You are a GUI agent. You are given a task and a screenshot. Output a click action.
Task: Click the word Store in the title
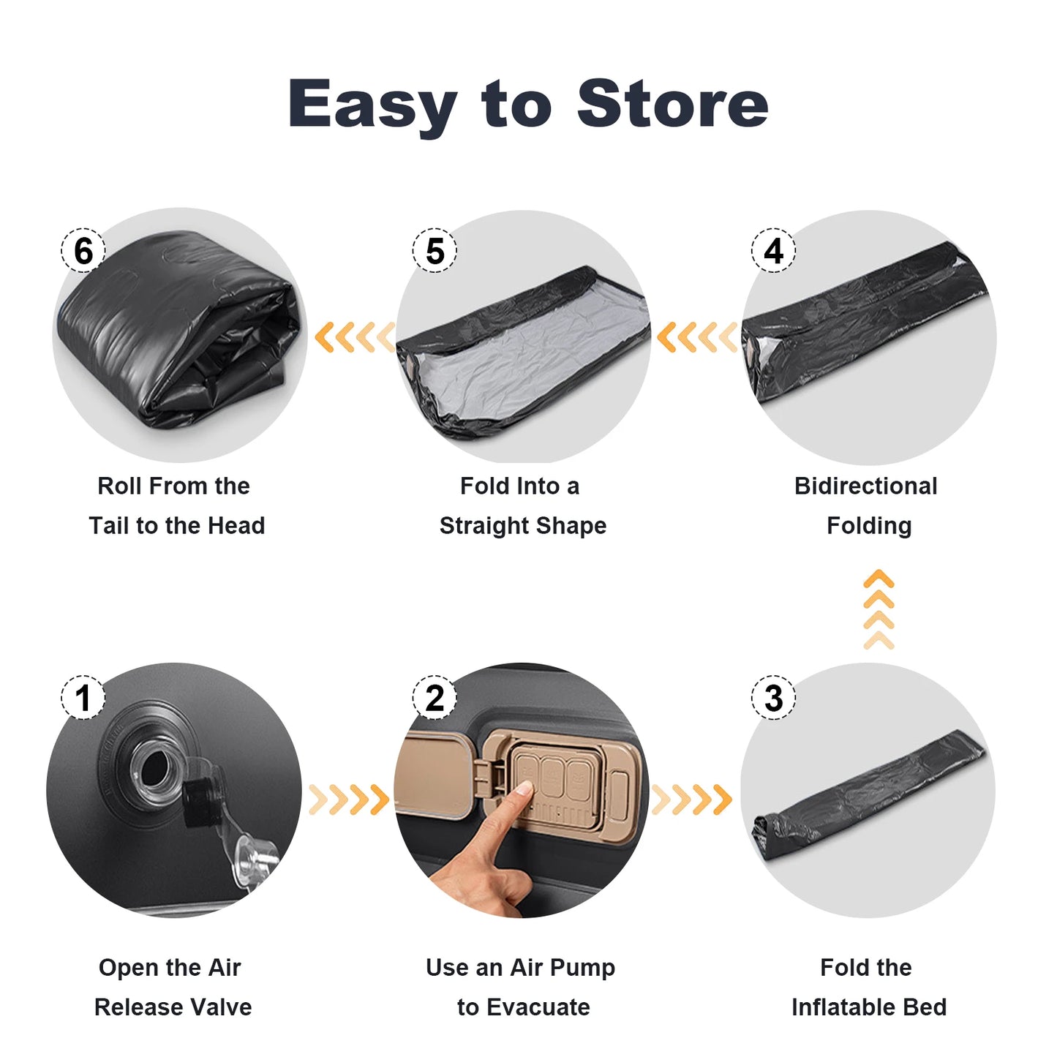point(672,104)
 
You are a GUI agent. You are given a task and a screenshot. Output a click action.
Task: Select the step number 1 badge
point(83,697)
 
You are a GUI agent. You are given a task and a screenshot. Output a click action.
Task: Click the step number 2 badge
point(435,697)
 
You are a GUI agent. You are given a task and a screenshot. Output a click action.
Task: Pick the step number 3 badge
point(773,697)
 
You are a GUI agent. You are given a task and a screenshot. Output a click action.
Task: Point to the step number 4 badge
point(773,251)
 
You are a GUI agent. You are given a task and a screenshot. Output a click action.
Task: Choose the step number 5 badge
point(435,251)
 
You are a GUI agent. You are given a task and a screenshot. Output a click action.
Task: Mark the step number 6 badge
point(83,251)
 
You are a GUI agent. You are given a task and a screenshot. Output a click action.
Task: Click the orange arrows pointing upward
point(879,609)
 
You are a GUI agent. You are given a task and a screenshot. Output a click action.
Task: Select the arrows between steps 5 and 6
point(355,337)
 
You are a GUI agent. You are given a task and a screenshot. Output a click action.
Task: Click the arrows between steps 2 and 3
point(691,800)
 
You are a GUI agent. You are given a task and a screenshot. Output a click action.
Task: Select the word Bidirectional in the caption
point(865,486)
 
